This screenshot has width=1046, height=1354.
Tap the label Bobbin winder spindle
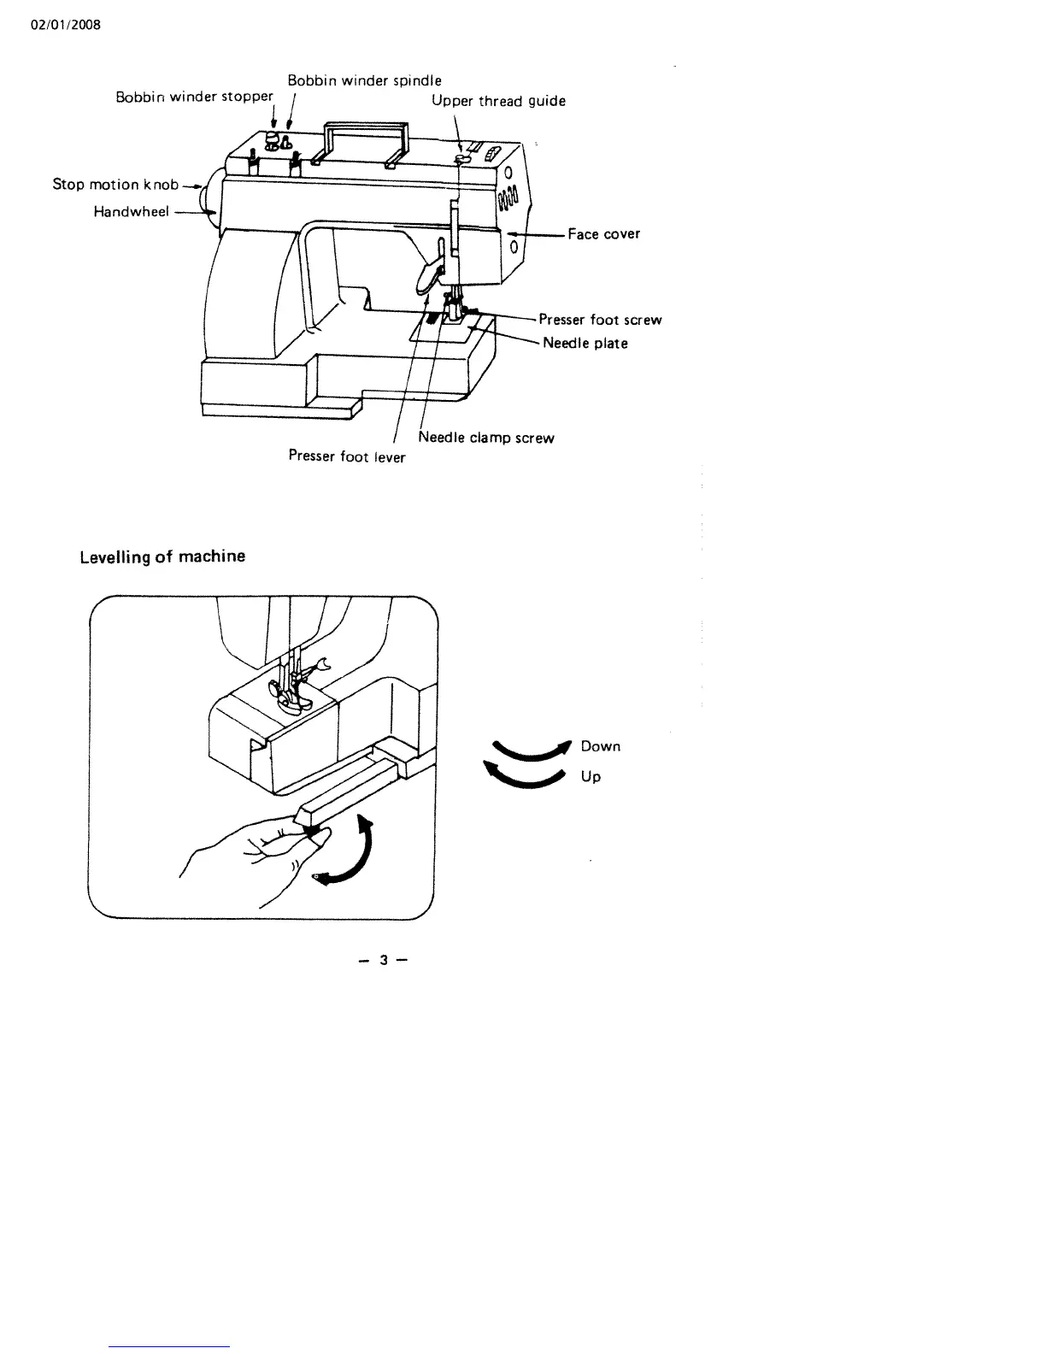pyautogui.click(x=364, y=80)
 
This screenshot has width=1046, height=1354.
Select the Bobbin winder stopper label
pyautogui.click(x=194, y=97)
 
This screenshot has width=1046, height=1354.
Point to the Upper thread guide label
pyautogui.click(x=498, y=101)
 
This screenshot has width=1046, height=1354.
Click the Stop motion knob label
pyautogui.click(x=115, y=184)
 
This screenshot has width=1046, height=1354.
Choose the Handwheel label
pyautogui.click(x=131, y=211)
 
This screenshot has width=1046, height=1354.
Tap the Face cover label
pyautogui.click(x=603, y=233)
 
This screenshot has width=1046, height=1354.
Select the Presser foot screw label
pyautogui.click(x=600, y=320)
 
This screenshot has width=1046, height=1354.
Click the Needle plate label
pyautogui.click(x=585, y=343)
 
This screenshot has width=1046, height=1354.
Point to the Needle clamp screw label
pyautogui.click(x=486, y=438)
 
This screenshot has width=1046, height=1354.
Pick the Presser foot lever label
pyautogui.click(x=347, y=456)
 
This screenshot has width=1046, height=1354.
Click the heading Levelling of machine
pyautogui.click(x=162, y=556)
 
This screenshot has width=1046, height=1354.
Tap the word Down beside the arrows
pyautogui.click(x=600, y=746)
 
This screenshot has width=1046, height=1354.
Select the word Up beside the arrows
pyautogui.click(x=591, y=776)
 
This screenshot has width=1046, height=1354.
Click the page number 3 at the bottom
pyautogui.click(x=384, y=960)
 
